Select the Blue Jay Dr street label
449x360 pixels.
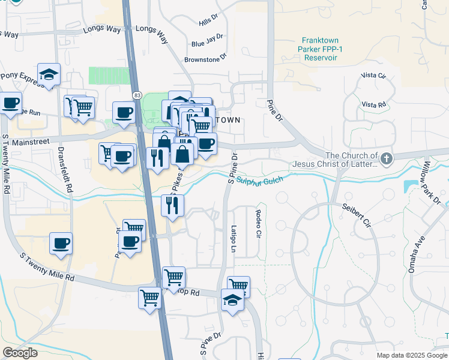click(207, 43)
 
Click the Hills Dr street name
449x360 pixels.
click(208, 22)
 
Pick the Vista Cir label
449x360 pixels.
click(373, 76)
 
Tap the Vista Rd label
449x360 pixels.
click(373, 104)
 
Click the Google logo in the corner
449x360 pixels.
click(20, 353)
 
